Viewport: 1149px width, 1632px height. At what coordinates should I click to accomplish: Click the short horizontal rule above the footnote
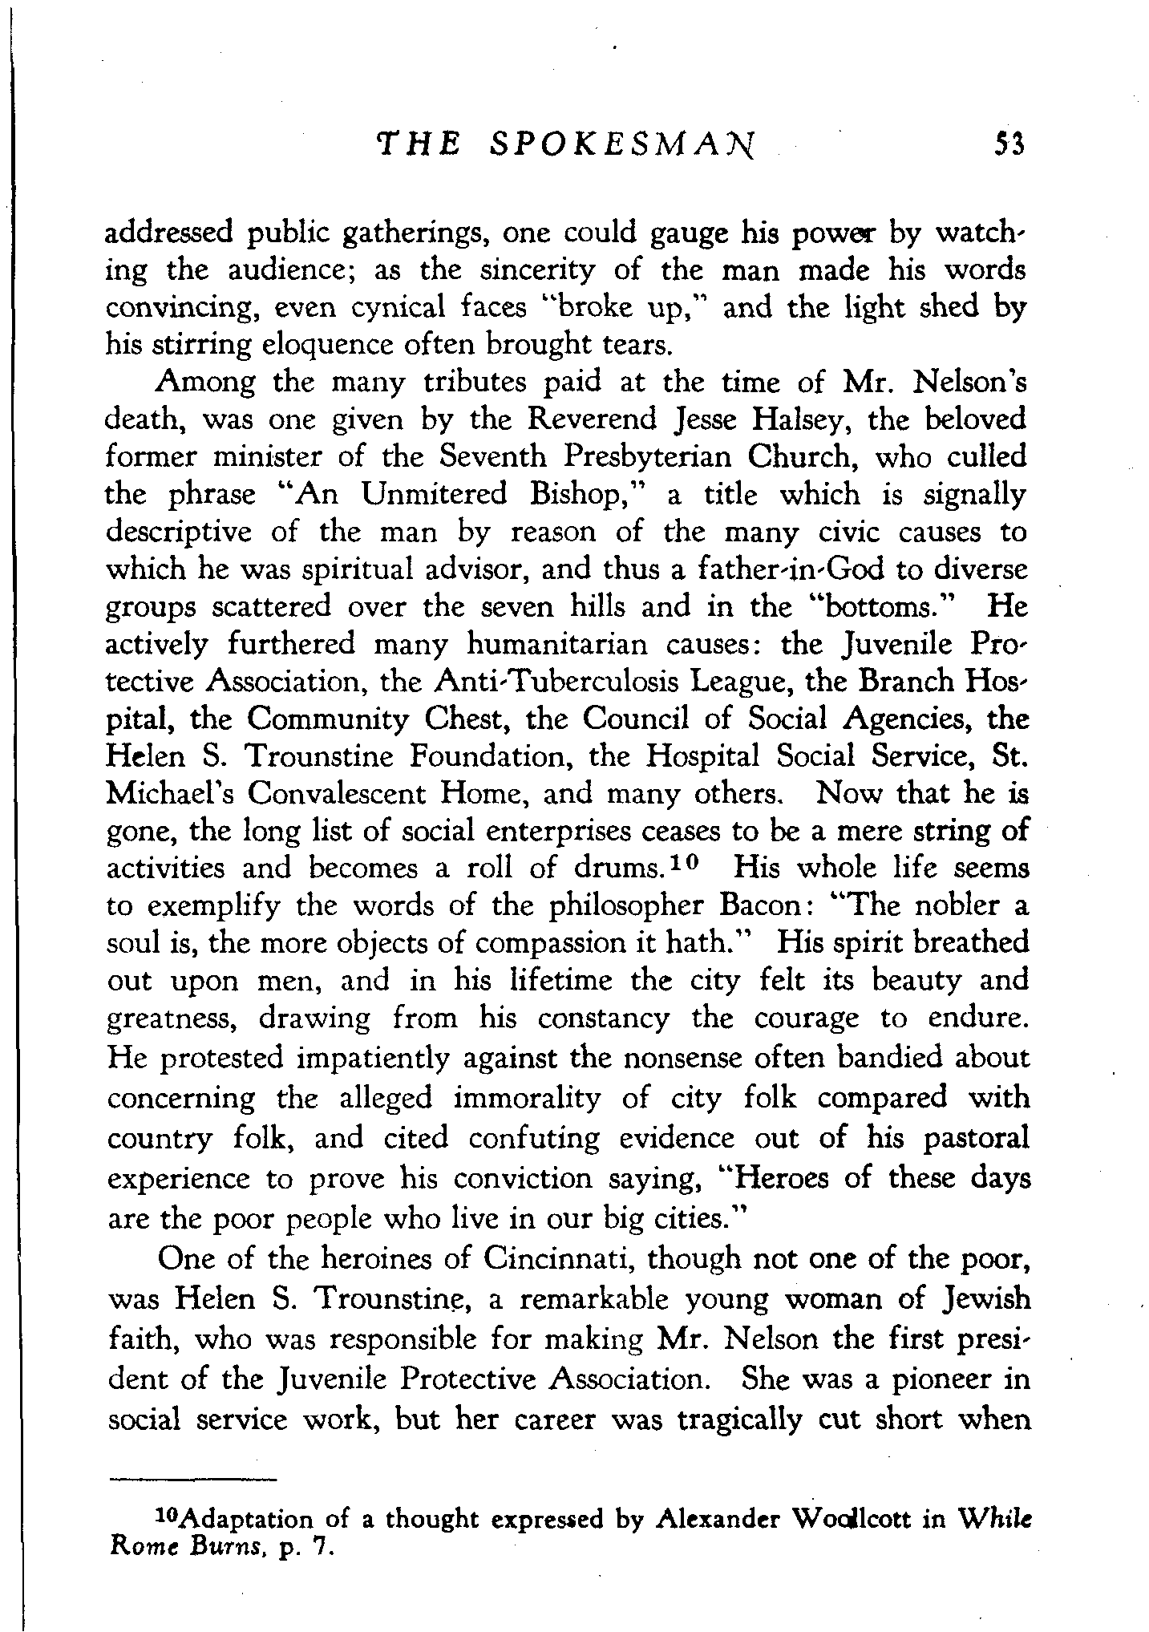tap(192, 1480)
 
